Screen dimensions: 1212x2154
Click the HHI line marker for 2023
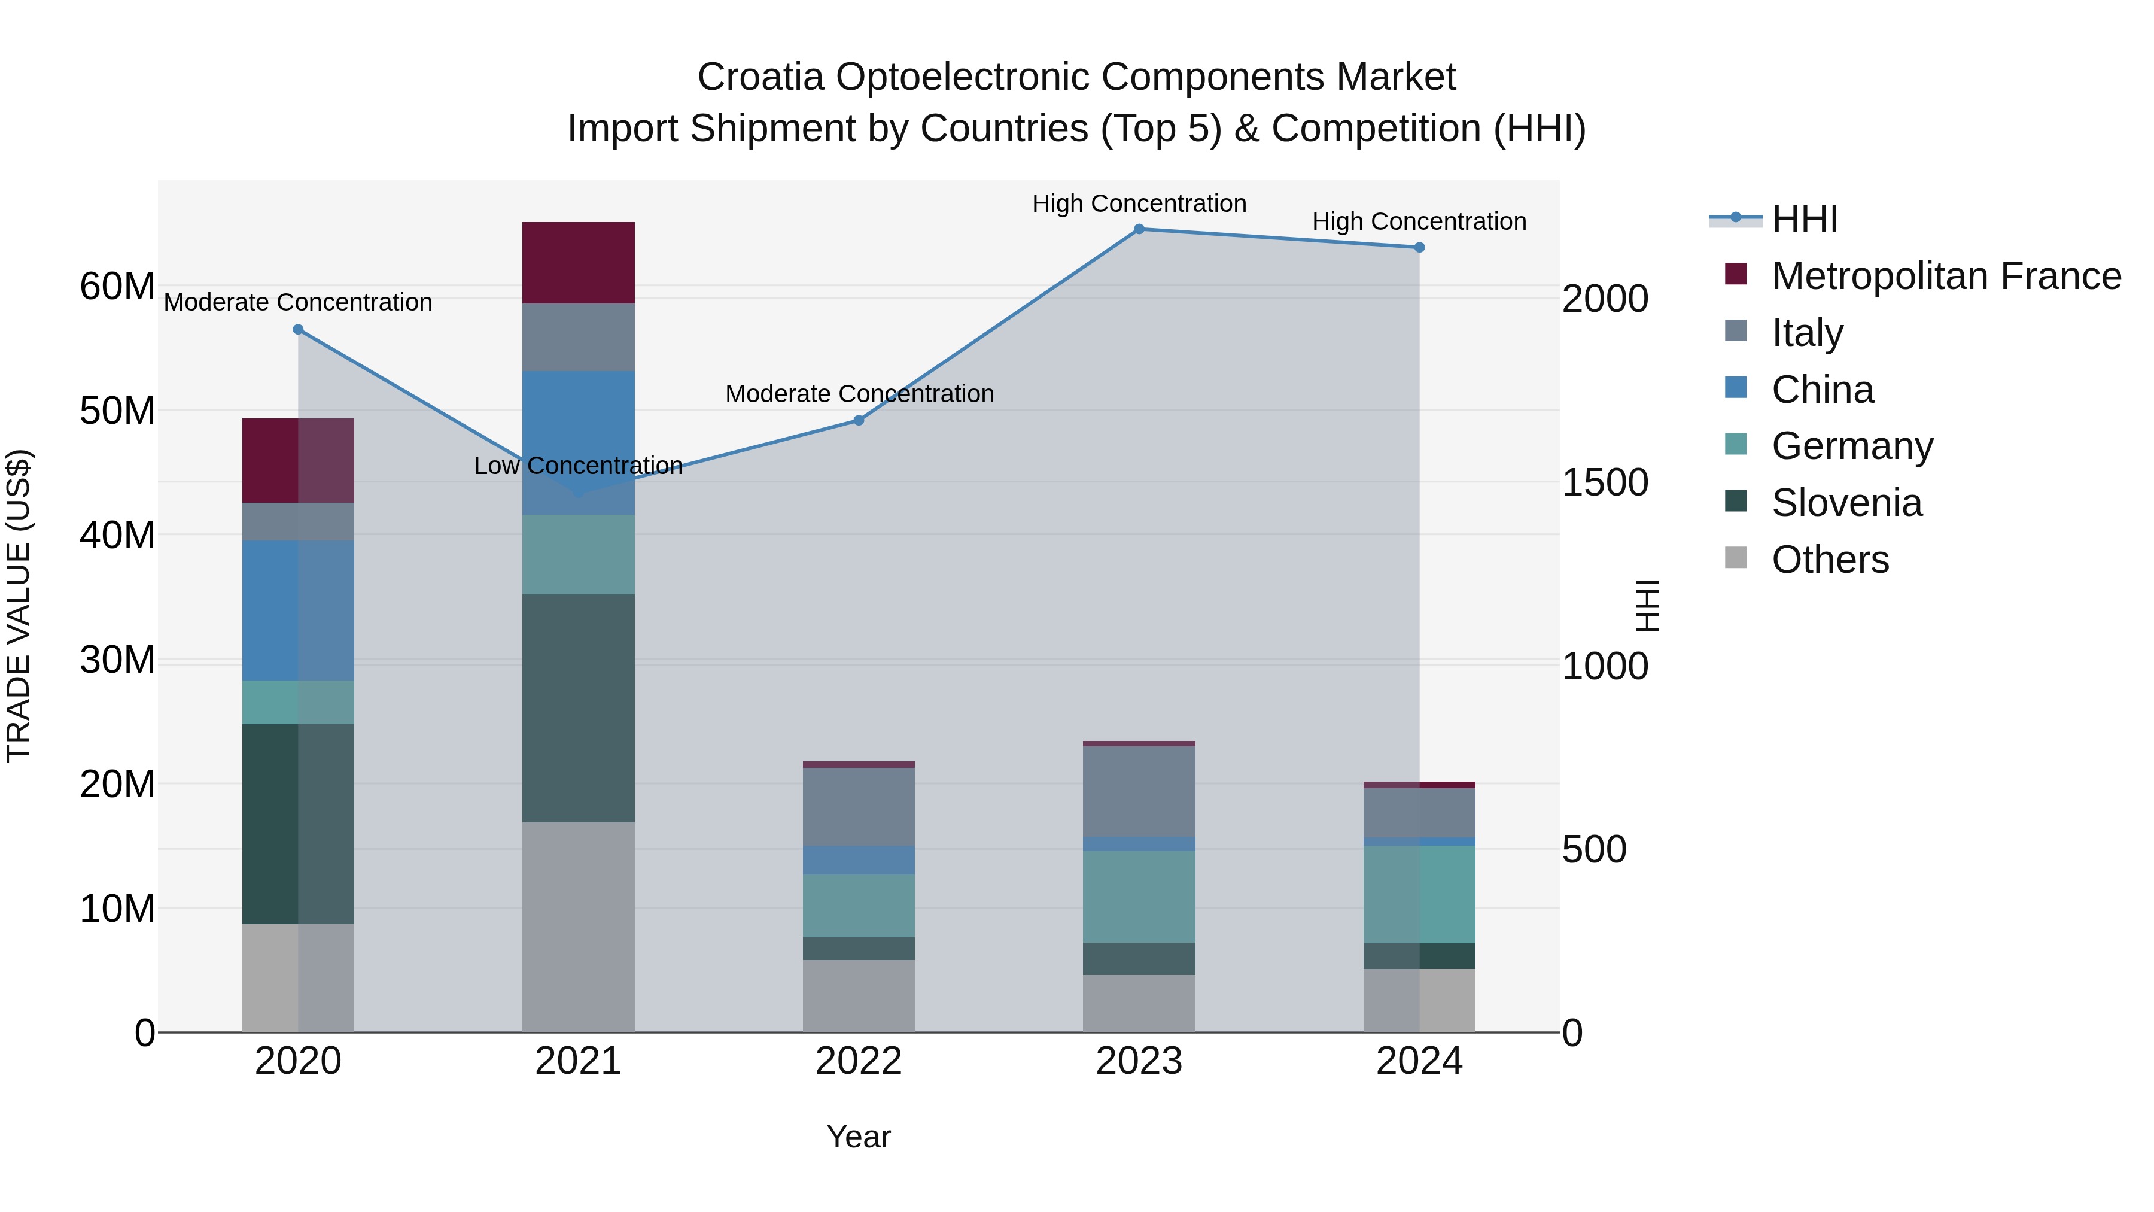tap(1139, 229)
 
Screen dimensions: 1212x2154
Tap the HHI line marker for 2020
tap(298, 330)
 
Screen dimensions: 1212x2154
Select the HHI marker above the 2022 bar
tap(859, 421)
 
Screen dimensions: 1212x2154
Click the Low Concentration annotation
tap(578, 466)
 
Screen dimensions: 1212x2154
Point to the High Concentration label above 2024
tap(1419, 221)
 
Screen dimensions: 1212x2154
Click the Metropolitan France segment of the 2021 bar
tap(578, 263)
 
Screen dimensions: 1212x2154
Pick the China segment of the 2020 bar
tap(298, 610)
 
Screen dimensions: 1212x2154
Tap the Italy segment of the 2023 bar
tap(1139, 791)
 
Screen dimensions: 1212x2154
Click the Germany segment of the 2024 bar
tap(1419, 894)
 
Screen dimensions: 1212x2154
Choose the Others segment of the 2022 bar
tap(859, 995)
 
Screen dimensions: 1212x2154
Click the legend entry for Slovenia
tap(1846, 503)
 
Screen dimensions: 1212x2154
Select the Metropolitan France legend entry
tap(1945, 276)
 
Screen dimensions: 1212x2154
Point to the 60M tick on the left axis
tap(117, 286)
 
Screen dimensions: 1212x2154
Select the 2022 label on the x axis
tap(859, 1061)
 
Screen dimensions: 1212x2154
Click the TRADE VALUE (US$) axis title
tap(19, 606)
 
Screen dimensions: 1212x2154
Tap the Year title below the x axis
tap(859, 1137)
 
